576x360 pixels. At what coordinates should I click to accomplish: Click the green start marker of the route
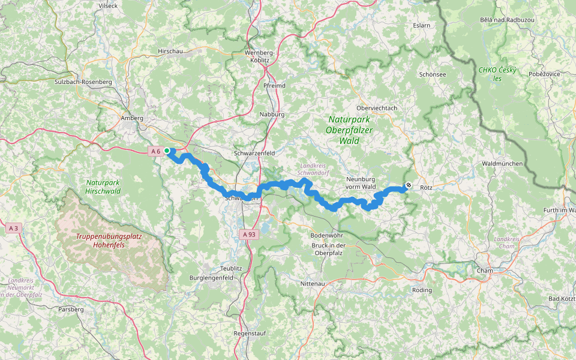tap(167, 151)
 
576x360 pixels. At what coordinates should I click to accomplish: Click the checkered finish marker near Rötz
tap(409, 185)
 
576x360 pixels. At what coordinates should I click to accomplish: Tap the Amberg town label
tap(132, 119)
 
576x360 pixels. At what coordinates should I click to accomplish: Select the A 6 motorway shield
tap(155, 151)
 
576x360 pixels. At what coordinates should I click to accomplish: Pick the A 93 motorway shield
tap(250, 235)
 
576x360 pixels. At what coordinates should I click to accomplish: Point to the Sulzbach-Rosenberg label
tap(83, 82)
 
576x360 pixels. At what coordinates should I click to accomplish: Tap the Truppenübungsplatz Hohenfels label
tap(109, 241)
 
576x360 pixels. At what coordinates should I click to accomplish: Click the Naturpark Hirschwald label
tap(103, 187)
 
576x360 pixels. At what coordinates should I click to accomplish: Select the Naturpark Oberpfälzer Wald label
tap(351, 130)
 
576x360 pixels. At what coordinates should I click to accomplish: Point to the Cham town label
tap(484, 271)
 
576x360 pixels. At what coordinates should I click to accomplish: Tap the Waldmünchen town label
tap(502, 164)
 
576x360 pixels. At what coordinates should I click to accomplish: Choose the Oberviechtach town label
tap(377, 108)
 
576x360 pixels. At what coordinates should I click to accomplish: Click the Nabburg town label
tap(272, 114)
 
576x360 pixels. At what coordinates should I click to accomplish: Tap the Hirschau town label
tap(170, 52)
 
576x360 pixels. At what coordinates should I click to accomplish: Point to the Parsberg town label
tap(71, 310)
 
